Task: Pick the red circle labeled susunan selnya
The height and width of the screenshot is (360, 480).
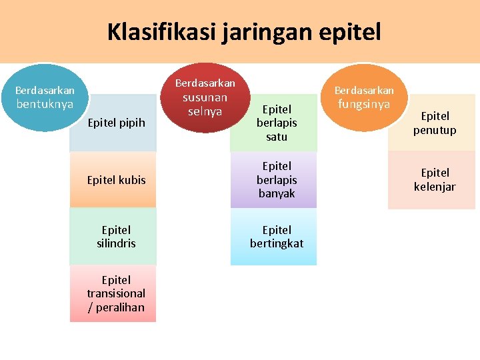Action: point(205,97)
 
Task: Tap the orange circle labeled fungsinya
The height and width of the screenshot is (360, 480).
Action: point(363,97)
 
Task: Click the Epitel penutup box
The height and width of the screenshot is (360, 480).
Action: point(434,123)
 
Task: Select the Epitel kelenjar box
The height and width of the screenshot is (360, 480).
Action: point(434,180)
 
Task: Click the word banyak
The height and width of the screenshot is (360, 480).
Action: point(277,194)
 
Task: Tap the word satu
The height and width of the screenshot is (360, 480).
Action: point(277,137)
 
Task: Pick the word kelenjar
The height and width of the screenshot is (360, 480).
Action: point(435,187)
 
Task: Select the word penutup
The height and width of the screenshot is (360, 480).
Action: point(435,131)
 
